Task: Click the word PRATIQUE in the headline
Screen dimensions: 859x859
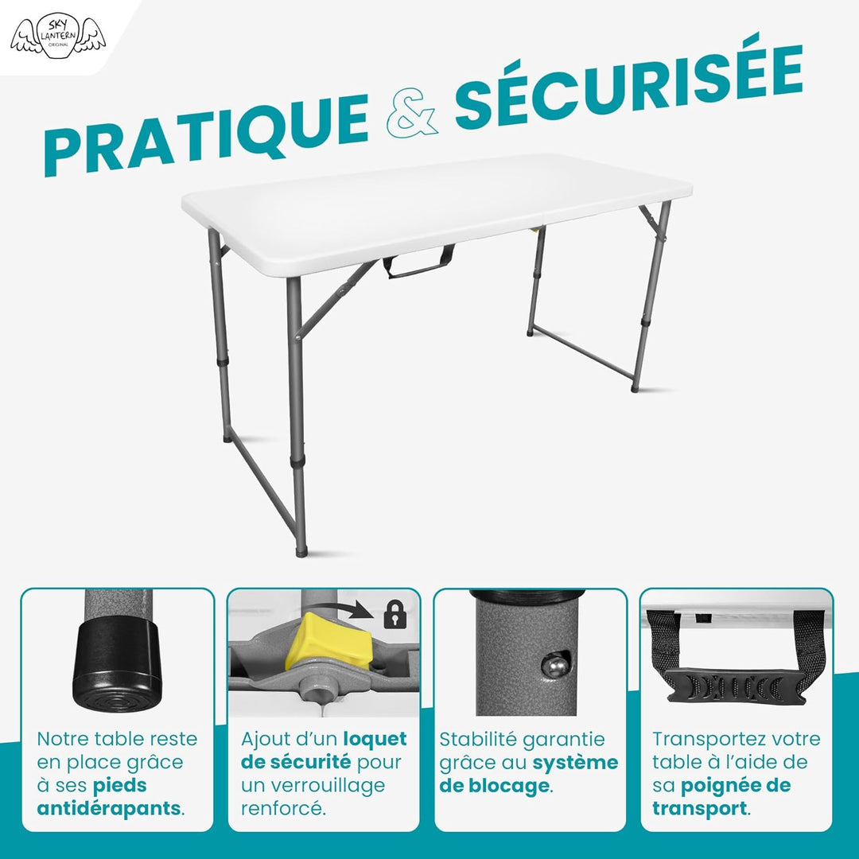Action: point(206,136)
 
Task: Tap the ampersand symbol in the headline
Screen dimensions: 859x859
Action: point(411,113)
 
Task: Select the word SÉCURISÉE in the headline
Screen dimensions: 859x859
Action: point(629,82)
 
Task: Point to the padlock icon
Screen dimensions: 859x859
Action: point(395,614)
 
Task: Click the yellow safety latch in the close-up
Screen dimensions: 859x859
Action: point(328,642)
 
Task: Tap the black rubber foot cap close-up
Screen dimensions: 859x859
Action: point(117,665)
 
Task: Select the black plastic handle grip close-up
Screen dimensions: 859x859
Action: point(737,685)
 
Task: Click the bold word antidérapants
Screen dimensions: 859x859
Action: point(108,808)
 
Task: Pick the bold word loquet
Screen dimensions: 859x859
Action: point(375,740)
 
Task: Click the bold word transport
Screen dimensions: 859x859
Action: point(700,809)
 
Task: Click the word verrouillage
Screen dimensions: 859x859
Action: point(325,786)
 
